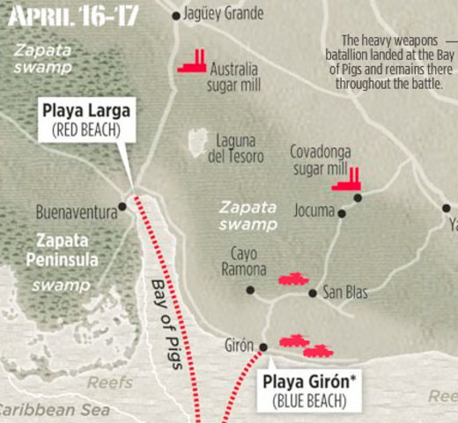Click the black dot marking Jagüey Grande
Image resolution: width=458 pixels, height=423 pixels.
coord(176,15)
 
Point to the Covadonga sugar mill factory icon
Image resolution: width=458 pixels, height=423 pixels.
coord(346,178)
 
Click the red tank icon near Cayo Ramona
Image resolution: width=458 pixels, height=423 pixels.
coord(293,278)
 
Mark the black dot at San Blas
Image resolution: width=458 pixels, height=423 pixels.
coord(312,293)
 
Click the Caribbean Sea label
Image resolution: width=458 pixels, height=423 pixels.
coord(51,410)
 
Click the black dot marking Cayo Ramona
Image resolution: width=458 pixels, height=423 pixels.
coord(250,289)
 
